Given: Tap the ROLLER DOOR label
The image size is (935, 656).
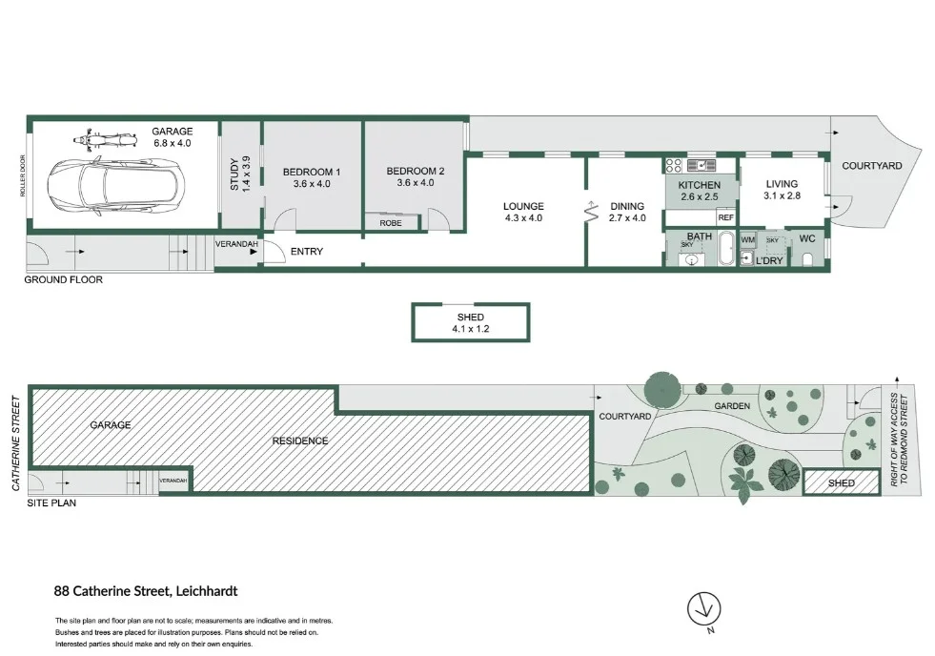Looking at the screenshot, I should pyautogui.click(x=23, y=176).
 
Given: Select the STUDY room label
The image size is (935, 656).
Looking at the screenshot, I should pyautogui.click(x=240, y=174).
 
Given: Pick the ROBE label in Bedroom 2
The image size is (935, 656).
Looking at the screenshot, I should pyautogui.click(x=391, y=223).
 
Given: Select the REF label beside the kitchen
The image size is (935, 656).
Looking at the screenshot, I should pyautogui.click(x=725, y=217).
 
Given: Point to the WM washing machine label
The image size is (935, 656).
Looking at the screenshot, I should pyautogui.click(x=748, y=239).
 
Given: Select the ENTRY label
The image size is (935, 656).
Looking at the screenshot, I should pyautogui.click(x=307, y=252).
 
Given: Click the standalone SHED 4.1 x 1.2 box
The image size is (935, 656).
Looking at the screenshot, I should pyautogui.click(x=470, y=322).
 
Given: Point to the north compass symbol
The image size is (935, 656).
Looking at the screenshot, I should pyautogui.click(x=704, y=606).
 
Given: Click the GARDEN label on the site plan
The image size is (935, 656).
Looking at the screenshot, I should pyautogui.click(x=734, y=406).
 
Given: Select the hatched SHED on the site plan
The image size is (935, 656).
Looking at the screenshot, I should pyautogui.click(x=841, y=483).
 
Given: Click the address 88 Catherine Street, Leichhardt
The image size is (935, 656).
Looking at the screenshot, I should pyautogui.click(x=145, y=591).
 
